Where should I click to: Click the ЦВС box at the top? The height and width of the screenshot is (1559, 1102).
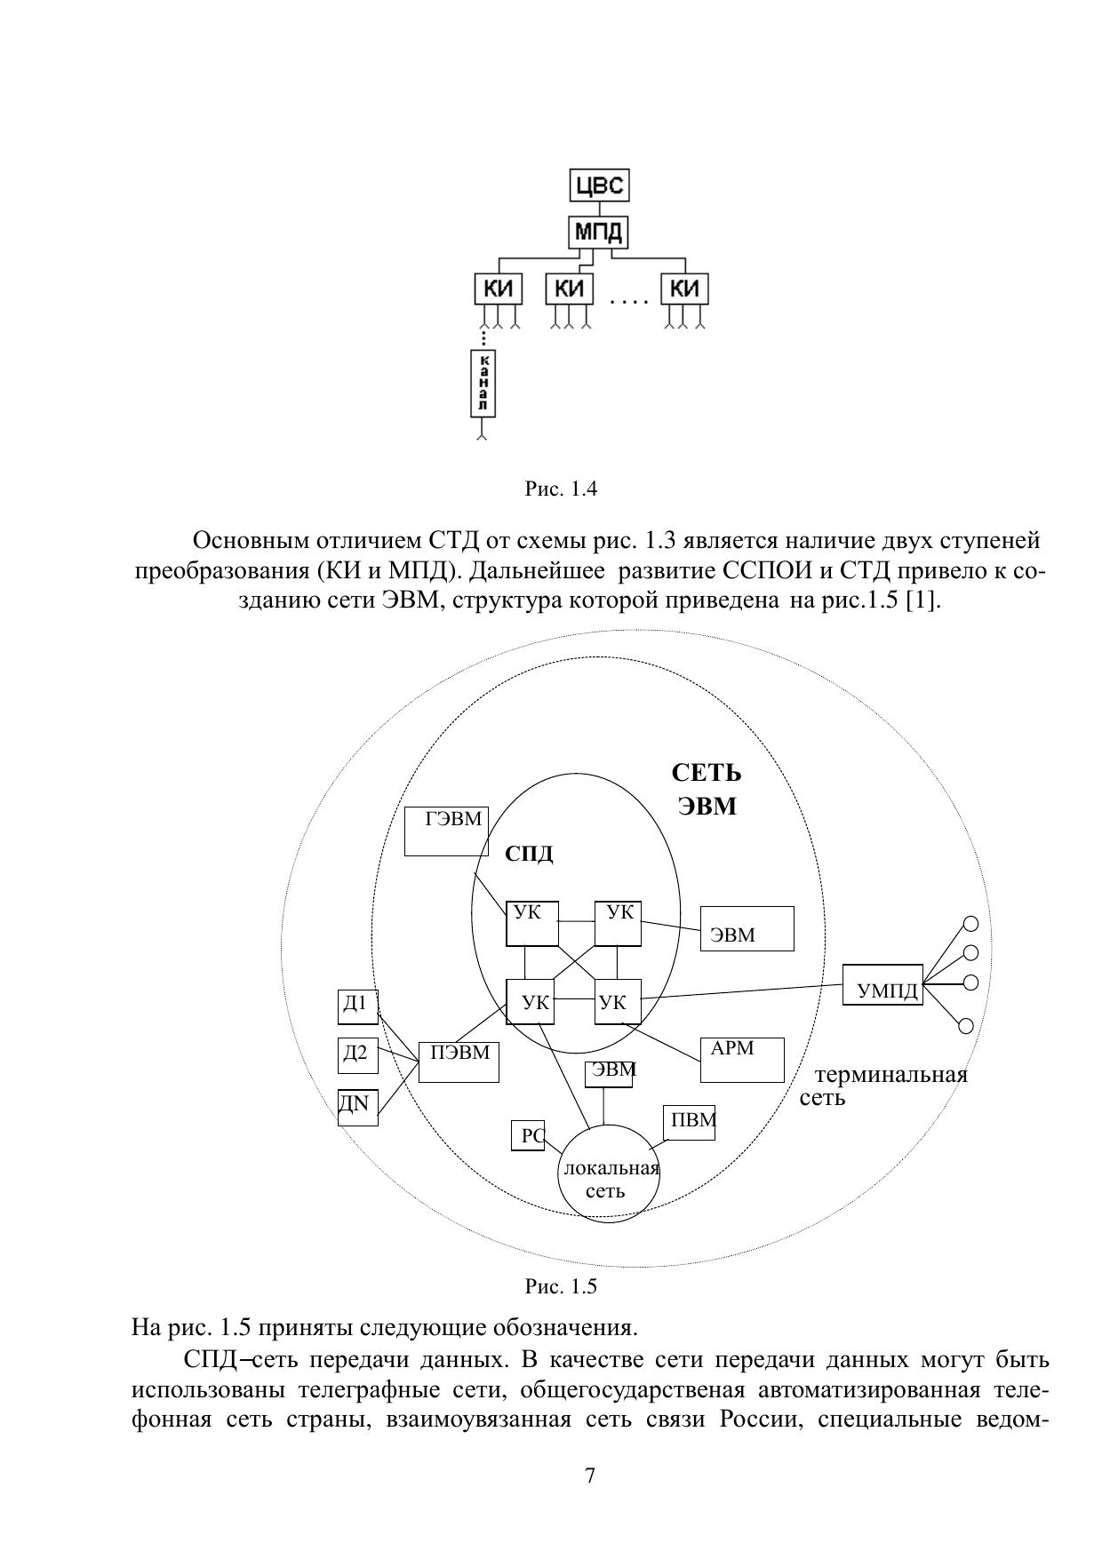coord(600,187)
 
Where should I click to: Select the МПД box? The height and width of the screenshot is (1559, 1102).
coord(599,233)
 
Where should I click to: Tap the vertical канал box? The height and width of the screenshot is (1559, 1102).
coord(483,383)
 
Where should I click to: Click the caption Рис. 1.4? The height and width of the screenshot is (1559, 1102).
coord(561,489)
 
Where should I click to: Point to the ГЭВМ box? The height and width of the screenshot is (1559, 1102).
coord(446,831)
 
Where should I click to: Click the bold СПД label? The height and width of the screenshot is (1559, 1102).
coord(529,854)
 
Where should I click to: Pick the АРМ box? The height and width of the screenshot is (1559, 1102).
coord(742,1059)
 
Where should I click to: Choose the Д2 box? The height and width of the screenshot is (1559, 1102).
coord(357,1055)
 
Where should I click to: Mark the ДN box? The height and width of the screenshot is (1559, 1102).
coord(357,1107)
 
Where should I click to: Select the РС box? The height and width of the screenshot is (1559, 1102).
coord(528,1136)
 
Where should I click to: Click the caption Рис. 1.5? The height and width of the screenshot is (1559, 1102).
coord(561,1286)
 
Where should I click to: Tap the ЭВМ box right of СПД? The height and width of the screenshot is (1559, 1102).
coord(747,929)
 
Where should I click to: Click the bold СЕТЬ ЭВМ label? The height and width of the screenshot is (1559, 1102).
coord(707,790)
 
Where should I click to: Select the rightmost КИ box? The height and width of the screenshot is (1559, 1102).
coord(684,290)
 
